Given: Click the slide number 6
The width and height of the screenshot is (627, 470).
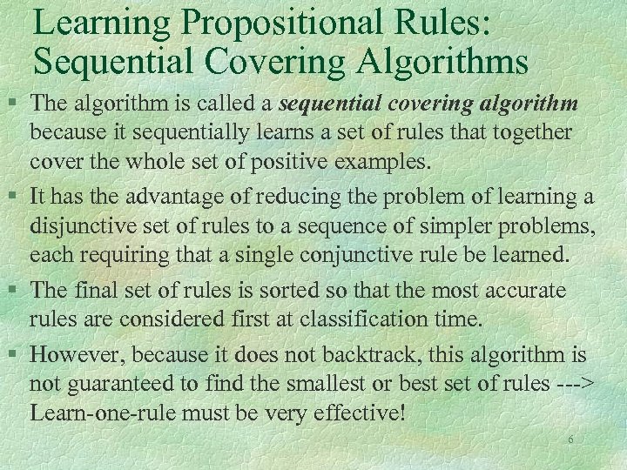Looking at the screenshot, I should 570,440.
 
